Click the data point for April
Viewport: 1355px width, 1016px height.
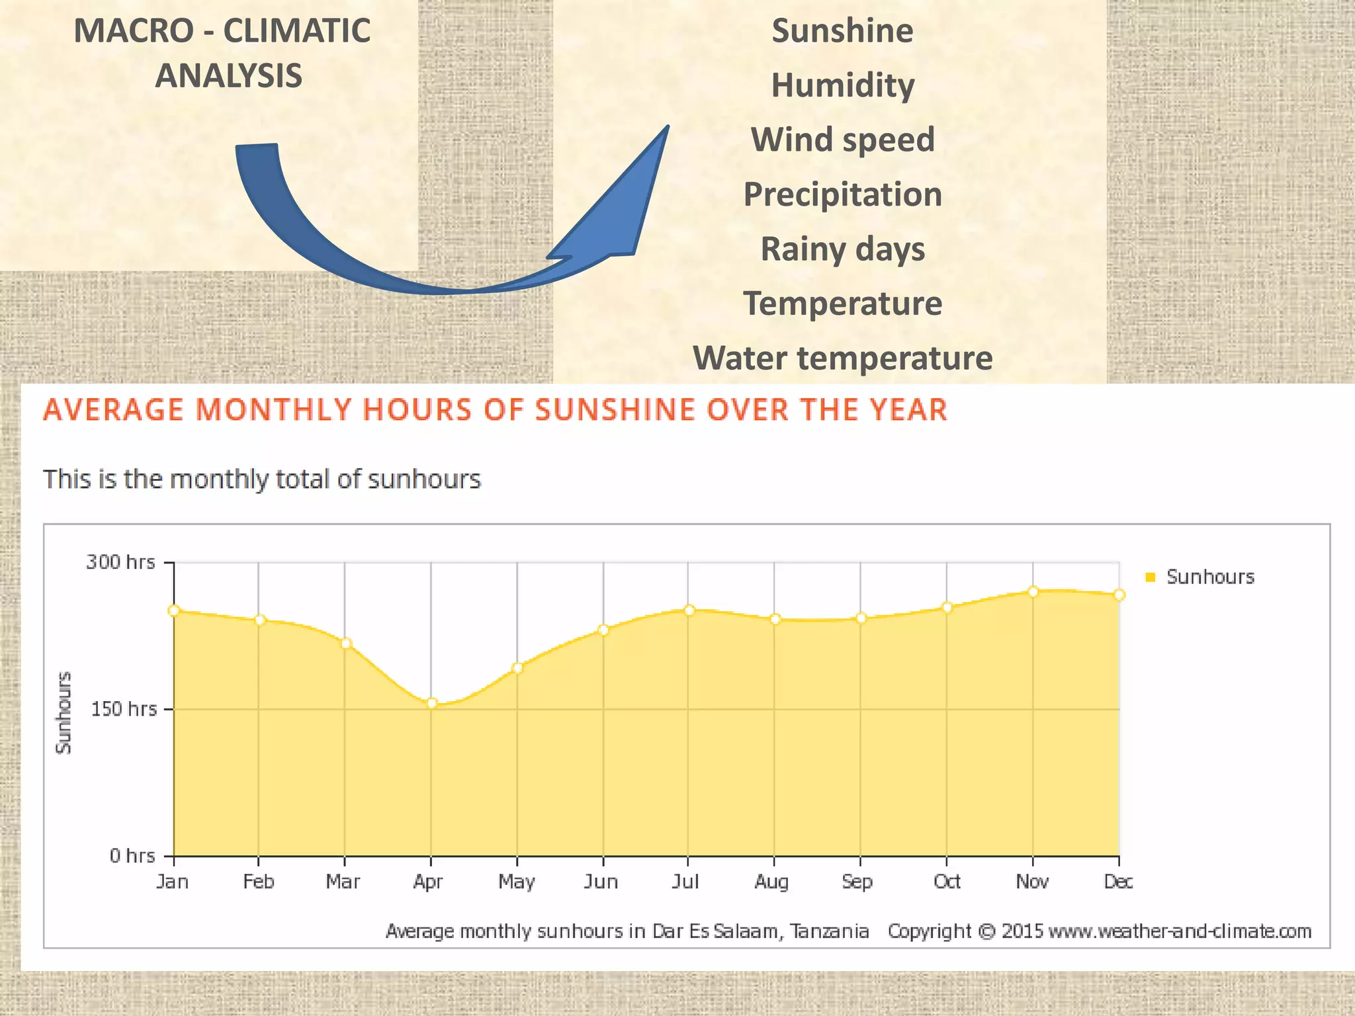click(431, 703)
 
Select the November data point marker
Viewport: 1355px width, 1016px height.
click(1033, 591)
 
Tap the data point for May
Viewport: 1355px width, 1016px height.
click(517, 668)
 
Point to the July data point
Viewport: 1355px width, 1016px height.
click(689, 610)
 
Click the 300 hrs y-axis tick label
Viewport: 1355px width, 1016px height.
click(120, 562)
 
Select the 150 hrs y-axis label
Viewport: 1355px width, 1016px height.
click(124, 709)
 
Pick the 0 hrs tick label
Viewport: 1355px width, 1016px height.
click(132, 856)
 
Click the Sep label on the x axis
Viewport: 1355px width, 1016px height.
click(857, 882)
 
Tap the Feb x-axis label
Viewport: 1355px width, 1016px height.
click(258, 882)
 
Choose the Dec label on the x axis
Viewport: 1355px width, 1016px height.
click(1118, 882)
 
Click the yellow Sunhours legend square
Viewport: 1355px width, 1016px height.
click(1150, 577)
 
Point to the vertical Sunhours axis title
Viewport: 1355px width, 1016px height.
click(64, 712)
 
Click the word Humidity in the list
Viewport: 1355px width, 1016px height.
click(842, 85)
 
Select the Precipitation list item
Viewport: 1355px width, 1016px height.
click(842, 194)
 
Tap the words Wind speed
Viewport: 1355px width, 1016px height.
click(842, 140)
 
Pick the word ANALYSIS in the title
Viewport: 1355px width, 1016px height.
click(228, 75)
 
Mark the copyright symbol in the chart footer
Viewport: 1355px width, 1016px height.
click(986, 931)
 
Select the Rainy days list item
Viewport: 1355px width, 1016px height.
click(842, 249)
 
